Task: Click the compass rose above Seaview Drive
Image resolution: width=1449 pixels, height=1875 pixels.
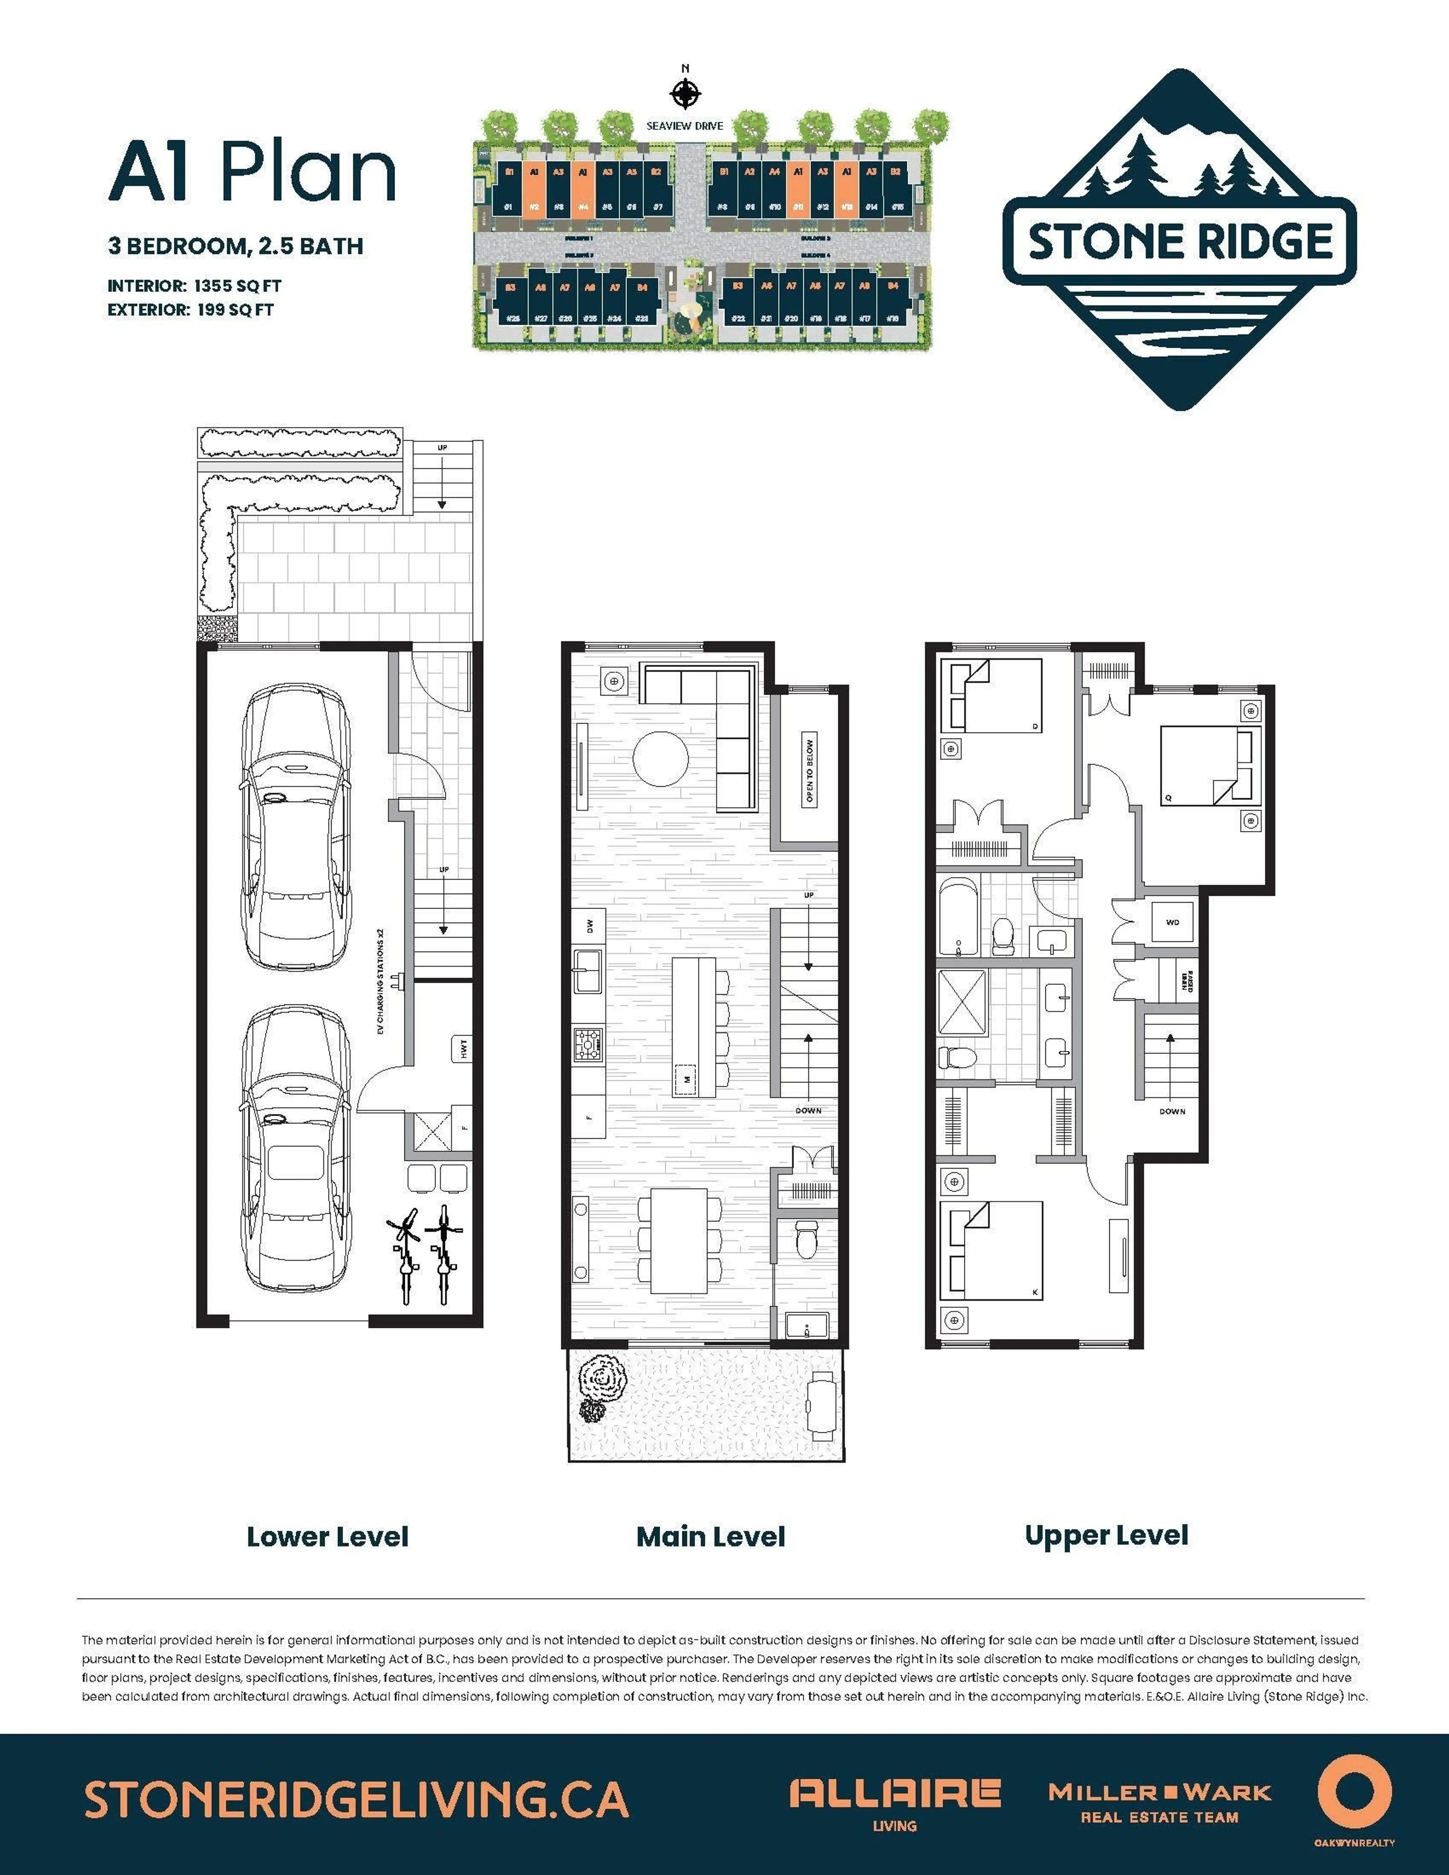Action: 685,93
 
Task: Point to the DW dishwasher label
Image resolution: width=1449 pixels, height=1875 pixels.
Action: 590,926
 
